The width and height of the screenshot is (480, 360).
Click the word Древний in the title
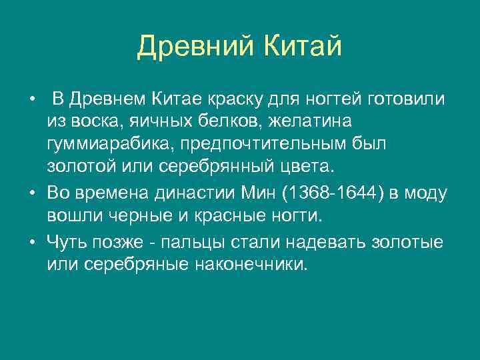(189, 47)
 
